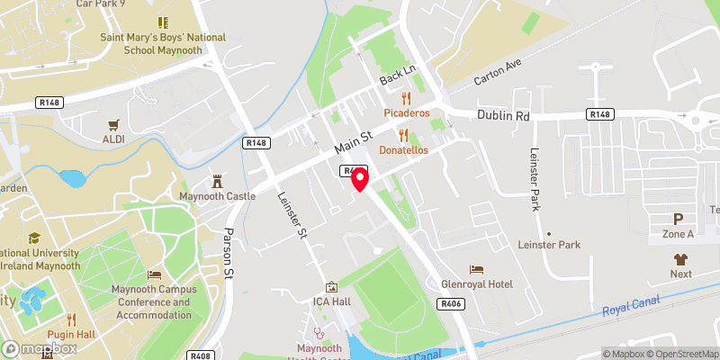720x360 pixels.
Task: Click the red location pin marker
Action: pyautogui.click(x=360, y=179)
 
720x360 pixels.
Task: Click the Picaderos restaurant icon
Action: pyautogui.click(x=407, y=98)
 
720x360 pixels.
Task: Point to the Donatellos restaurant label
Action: pyautogui.click(x=402, y=149)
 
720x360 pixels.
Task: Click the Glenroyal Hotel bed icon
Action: pyautogui.click(x=476, y=269)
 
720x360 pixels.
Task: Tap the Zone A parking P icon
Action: pyautogui.click(x=679, y=219)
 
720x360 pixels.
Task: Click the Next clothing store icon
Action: pyautogui.click(x=680, y=258)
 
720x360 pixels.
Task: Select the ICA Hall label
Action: pyautogui.click(x=331, y=301)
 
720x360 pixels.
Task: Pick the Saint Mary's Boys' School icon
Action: pyautogui.click(x=163, y=22)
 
